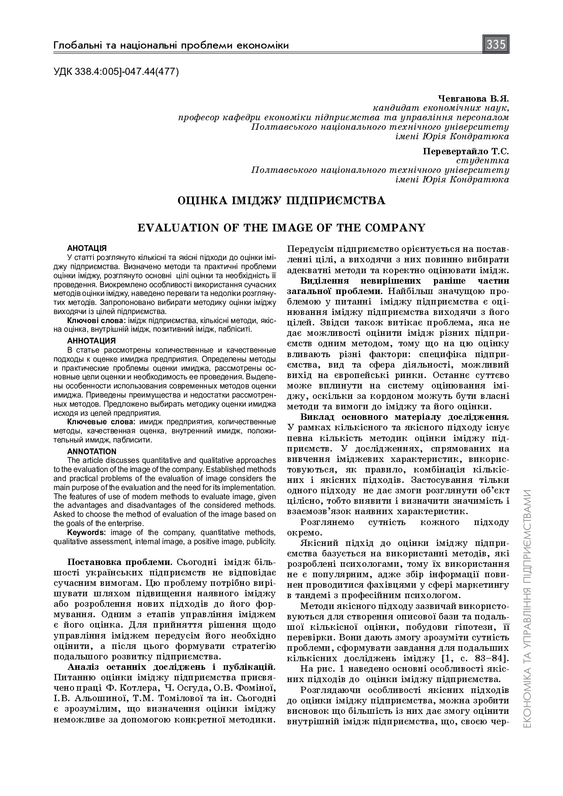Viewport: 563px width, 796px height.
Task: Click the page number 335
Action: click(x=496, y=44)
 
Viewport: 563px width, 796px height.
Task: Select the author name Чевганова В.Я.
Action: click(x=474, y=98)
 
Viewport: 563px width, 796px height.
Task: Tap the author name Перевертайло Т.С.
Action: click(x=466, y=151)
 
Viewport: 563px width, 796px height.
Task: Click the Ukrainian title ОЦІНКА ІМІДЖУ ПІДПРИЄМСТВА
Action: click(x=281, y=201)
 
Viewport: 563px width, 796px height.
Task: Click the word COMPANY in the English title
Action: click(x=393, y=227)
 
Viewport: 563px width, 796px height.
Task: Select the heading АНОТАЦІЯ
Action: click(x=87, y=248)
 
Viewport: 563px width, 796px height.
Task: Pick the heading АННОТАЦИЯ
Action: click(x=91, y=340)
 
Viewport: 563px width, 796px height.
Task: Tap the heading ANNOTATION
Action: click(x=92, y=451)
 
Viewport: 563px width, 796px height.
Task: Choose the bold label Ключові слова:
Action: click(x=97, y=321)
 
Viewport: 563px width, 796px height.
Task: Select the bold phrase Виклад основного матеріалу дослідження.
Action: click(x=405, y=417)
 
